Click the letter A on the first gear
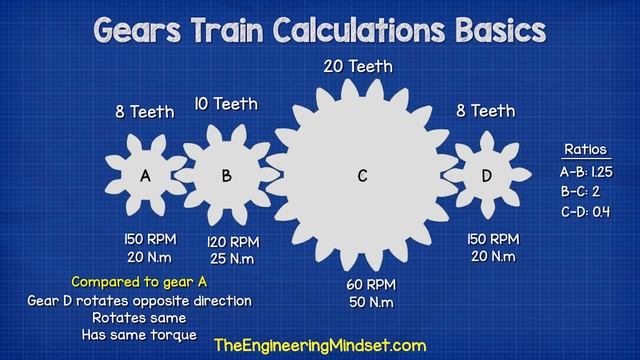point(145,176)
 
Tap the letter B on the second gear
point(227,176)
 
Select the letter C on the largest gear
point(363,176)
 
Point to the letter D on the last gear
point(487,176)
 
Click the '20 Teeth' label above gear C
point(357,67)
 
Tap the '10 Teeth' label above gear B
point(227,103)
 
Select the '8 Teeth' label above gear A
point(145,112)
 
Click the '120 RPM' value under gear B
point(232,242)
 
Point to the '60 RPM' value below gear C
point(370,284)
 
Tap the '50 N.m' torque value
point(371,302)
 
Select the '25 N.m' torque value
point(232,259)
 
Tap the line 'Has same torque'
point(140,335)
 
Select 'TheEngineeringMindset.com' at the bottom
point(320,345)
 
